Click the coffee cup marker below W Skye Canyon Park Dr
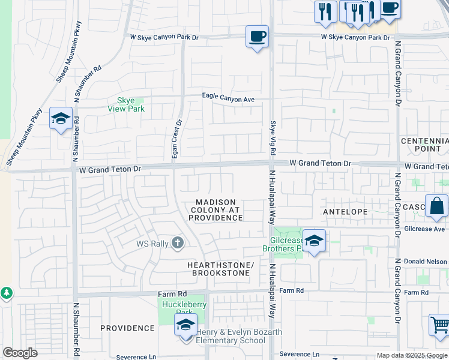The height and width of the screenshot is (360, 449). point(257,37)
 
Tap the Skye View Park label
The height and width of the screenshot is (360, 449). point(126,104)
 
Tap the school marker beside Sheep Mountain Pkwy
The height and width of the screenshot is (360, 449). point(61,119)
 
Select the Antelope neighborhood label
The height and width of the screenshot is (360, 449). point(345,212)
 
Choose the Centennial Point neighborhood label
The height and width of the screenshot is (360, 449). point(424,144)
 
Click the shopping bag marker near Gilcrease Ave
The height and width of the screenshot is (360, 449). point(436,206)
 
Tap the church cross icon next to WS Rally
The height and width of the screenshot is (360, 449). point(176,243)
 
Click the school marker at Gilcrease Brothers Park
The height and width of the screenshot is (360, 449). point(314,241)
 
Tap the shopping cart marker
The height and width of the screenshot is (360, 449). point(439,325)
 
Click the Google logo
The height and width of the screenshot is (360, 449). point(20,353)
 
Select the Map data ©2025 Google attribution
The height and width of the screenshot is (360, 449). point(412,355)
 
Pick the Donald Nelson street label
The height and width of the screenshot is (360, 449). point(426,262)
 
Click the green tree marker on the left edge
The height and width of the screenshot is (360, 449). point(6,293)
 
